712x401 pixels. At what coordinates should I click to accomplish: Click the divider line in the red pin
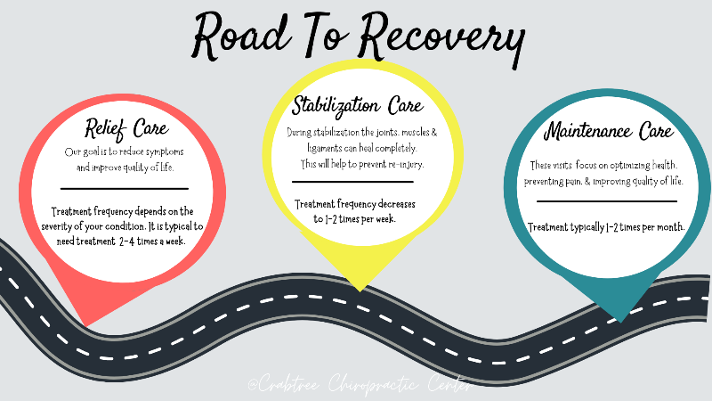(x=125, y=188)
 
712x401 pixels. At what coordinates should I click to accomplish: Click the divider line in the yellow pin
(x=353, y=182)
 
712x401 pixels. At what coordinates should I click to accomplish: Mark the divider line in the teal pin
(x=608, y=201)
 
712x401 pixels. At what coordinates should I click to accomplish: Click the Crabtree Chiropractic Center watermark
(x=360, y=386)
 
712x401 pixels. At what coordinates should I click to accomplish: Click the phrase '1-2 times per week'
(x=360, y=218)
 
